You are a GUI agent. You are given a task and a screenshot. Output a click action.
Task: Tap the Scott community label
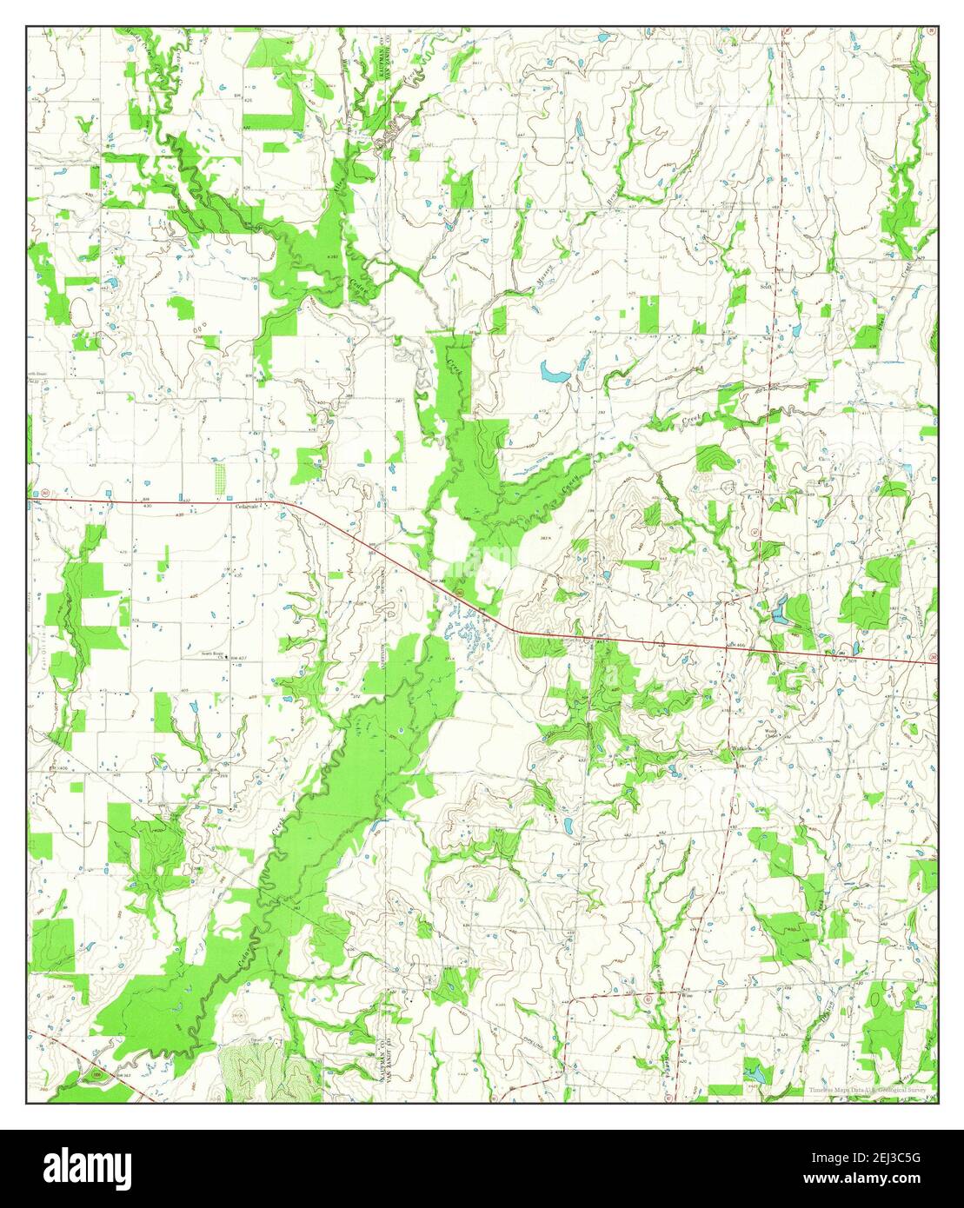pos(767,285)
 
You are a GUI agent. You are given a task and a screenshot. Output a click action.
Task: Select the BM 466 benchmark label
pos(737,644)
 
